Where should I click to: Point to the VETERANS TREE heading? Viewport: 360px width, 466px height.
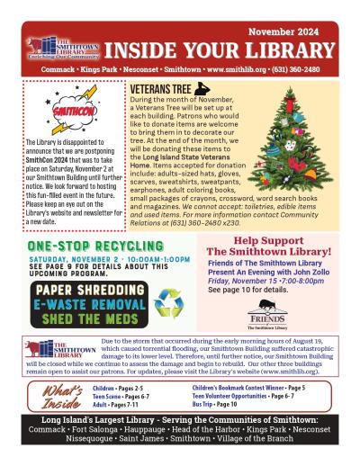166,89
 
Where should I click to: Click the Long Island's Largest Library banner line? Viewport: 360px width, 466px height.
180,422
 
